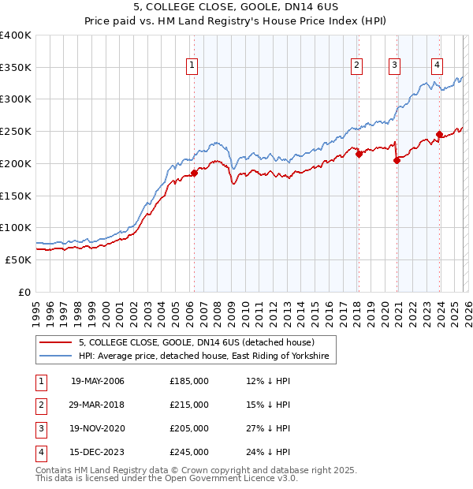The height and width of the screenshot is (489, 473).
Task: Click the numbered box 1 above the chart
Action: [193, 65]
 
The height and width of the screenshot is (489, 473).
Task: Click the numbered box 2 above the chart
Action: [357, 65]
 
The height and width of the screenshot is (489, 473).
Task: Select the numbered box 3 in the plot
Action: [394, 65]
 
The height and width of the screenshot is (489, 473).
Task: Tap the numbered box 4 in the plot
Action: [437, 65]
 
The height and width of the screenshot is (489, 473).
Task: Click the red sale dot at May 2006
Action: [194, 173]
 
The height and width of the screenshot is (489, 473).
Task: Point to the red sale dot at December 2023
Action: [439, 134]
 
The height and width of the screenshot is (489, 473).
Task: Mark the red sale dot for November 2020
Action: [397, 160]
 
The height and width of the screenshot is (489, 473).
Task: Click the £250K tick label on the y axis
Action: [16, 131]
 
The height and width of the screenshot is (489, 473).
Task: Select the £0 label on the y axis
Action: [25, 292]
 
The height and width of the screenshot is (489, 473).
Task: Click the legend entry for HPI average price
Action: [207, 357]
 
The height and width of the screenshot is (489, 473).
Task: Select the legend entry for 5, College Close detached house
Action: [196, 342]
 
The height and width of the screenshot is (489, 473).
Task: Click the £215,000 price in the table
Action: [189, 405]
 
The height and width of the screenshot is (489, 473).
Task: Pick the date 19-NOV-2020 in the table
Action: [98, 428]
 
